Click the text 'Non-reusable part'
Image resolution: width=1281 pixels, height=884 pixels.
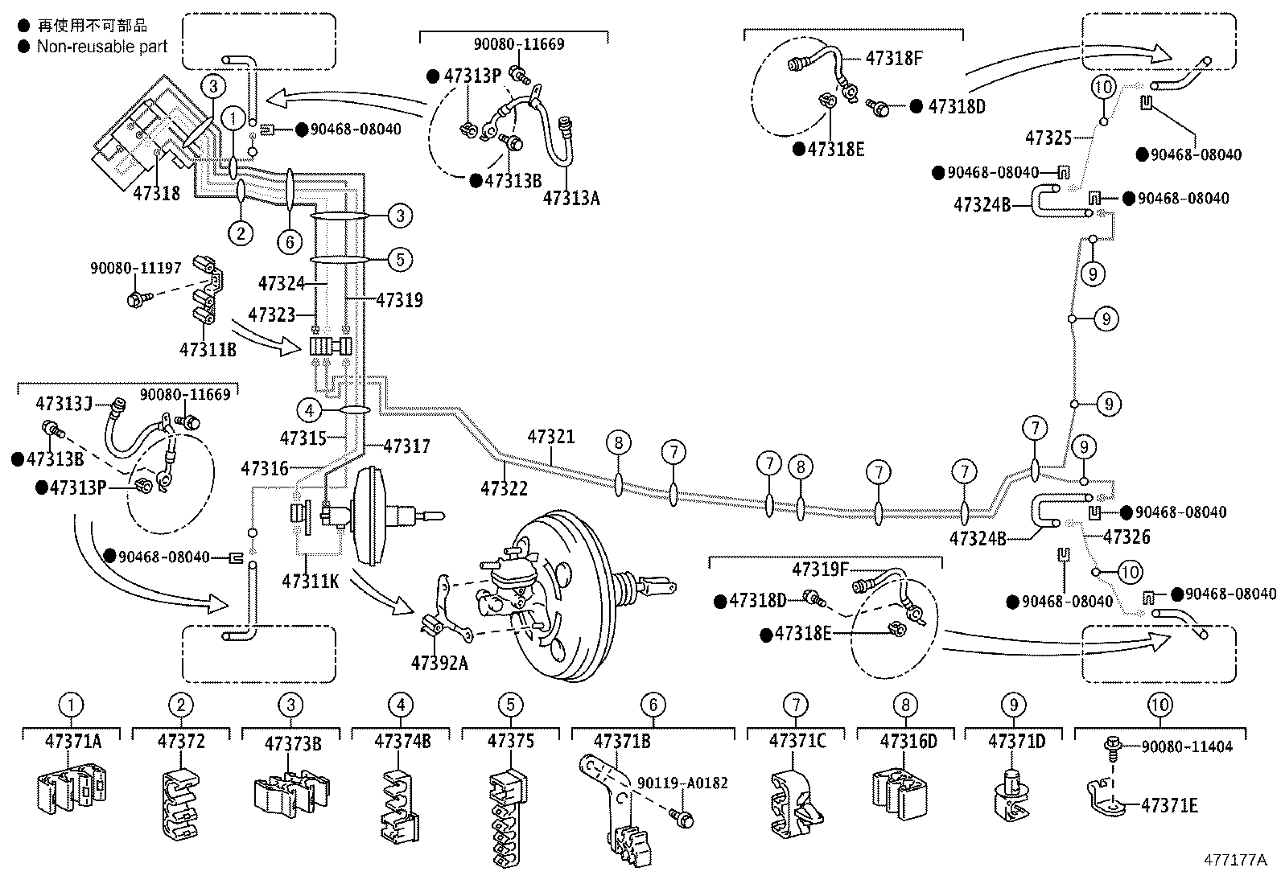[x=102, y=46]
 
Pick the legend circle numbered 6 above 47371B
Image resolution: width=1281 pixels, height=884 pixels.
[x=653, y=705]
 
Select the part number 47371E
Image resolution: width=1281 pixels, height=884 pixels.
[x=1169, y=805]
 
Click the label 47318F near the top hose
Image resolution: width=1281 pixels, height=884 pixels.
[x=894, y=58]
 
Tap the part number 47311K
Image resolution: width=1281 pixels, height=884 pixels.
[x=311, y=579]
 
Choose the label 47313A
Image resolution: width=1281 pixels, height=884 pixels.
[x=571, y=198]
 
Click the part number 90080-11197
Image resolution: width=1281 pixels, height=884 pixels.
[x=136, y=267]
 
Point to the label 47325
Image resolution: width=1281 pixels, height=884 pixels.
[x=1048, y=138]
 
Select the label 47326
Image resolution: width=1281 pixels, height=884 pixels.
[x=1127, y=537]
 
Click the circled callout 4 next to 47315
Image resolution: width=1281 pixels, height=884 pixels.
[x=308, y=410]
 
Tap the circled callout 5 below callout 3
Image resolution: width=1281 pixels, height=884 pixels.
[x=399, y=259]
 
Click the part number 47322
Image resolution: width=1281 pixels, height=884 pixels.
[x=505, y=487]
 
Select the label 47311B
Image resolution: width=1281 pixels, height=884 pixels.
[x=208, y=349]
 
